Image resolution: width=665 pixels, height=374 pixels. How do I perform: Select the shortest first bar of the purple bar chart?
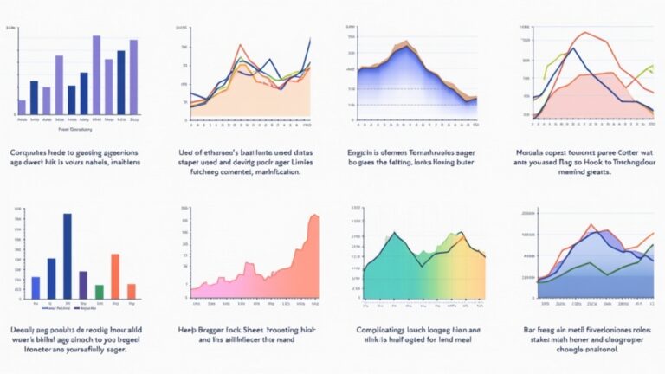(22, 106)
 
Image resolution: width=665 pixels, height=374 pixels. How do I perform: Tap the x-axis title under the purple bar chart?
(75, 129)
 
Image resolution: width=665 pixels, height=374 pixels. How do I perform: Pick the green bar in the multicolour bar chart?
(100, 291)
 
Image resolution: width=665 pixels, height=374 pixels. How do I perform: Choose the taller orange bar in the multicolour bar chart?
(115, 276)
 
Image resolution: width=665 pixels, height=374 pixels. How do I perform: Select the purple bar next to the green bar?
(83, 284)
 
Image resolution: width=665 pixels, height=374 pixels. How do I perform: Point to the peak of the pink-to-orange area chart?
(314, 216)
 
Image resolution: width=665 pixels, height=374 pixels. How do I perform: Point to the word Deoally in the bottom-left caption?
(25, 330)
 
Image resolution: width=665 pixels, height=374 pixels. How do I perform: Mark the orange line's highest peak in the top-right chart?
(584, 34)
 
